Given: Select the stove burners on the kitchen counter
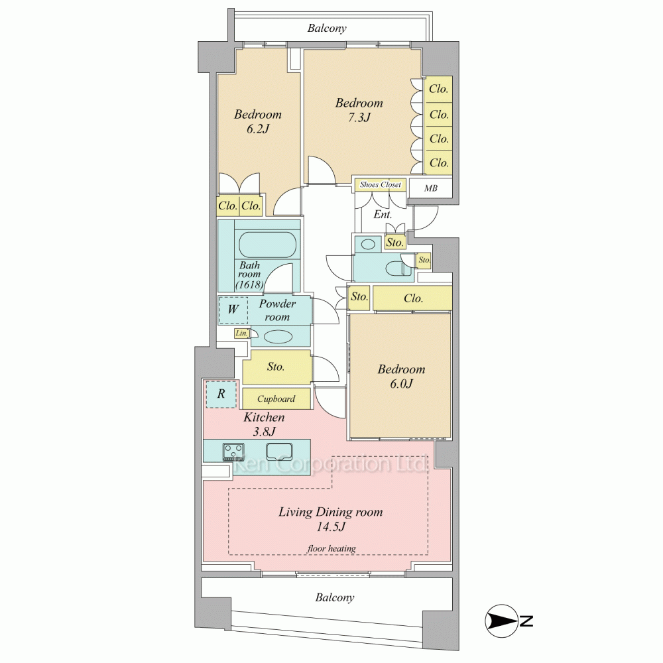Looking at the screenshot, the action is coord(233,451).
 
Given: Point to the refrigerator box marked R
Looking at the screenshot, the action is coord(221,394).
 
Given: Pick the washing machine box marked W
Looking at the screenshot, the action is coord(233,310).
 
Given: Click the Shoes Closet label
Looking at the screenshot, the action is coord(380,185).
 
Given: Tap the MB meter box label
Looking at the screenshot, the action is coord(430,188).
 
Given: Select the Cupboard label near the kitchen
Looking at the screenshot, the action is coord(276,398).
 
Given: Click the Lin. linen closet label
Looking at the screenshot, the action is coord(241,333).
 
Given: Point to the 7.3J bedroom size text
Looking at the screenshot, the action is coord(359,117).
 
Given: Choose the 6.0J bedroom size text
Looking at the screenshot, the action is coord(401,383).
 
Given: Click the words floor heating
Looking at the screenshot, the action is coord(331,548).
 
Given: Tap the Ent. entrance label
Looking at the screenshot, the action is coord(383,214).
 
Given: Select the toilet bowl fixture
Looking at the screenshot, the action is coord(396,268).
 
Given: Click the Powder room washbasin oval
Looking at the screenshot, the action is coord(278,337).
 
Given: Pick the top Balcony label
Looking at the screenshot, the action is coord(327,29).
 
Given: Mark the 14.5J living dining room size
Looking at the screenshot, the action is coord(331,527).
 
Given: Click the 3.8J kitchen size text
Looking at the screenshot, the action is coord(265,432).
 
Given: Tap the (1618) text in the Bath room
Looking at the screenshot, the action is coord(249,284).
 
